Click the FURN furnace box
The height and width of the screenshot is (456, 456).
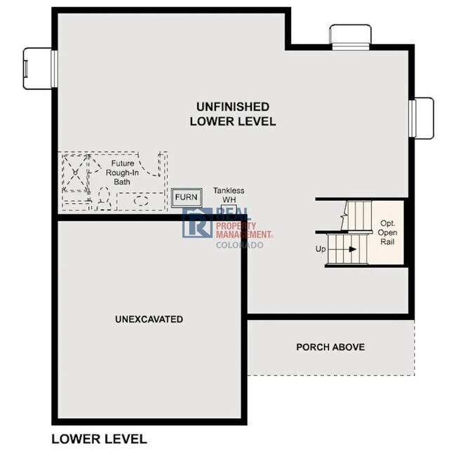186,197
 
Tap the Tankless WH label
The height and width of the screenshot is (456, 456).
229,195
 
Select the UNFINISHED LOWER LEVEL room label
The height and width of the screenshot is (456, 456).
232,114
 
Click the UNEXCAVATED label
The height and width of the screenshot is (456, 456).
149,319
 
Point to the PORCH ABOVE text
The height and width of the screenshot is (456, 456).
330,347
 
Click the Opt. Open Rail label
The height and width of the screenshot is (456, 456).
387,232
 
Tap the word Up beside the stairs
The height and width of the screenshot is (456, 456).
321,249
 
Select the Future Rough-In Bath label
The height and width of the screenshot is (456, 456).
121,172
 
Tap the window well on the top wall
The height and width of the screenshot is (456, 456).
350,35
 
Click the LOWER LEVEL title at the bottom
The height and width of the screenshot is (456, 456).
99,439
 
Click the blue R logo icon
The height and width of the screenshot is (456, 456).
196,223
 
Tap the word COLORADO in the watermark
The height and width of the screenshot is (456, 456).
239,245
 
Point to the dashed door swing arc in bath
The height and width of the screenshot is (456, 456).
149,167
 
